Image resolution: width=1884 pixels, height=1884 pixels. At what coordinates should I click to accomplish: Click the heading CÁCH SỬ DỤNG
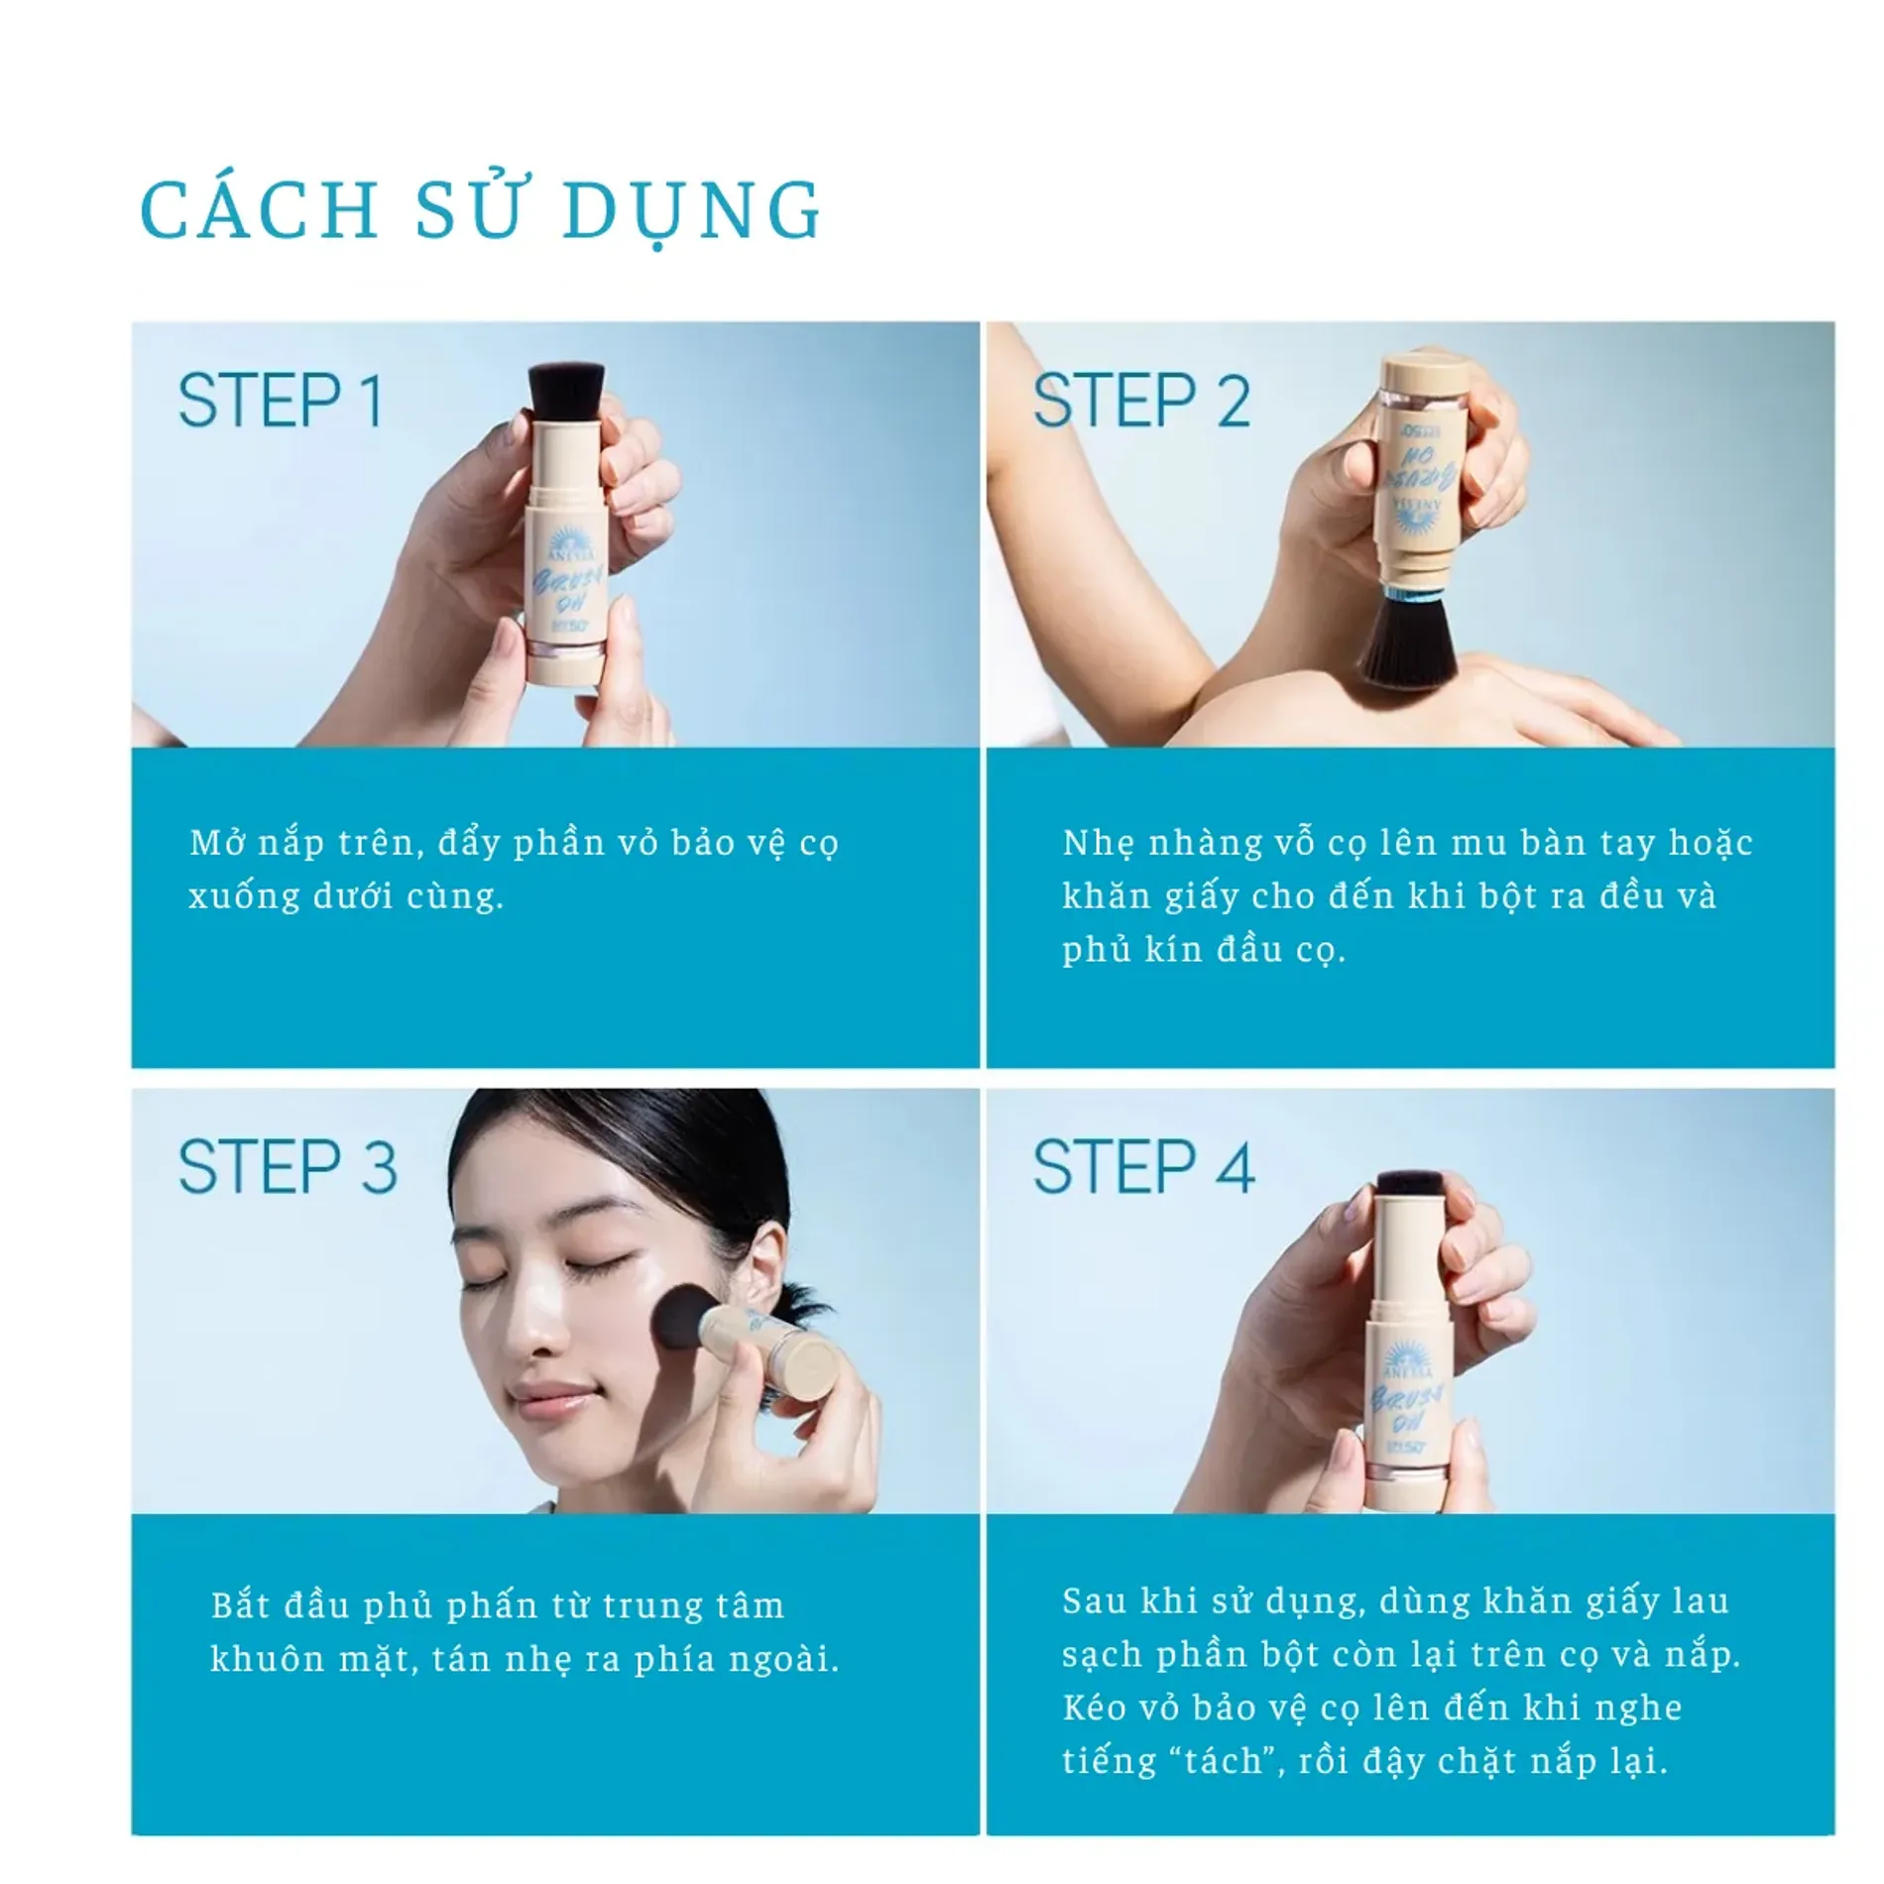[481, 210]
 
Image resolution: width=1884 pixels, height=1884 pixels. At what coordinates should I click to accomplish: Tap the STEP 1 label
[280, 402]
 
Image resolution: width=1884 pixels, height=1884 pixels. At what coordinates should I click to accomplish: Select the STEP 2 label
[1140, 402]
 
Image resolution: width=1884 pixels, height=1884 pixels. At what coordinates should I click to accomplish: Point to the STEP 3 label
[288, 1167]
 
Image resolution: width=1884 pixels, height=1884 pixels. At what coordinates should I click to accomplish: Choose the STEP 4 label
[1143, 1167]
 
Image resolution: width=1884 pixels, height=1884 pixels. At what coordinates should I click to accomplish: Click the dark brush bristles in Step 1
[566, 390]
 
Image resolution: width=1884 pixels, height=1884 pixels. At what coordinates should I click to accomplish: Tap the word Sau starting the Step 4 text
[1094, 1601]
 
